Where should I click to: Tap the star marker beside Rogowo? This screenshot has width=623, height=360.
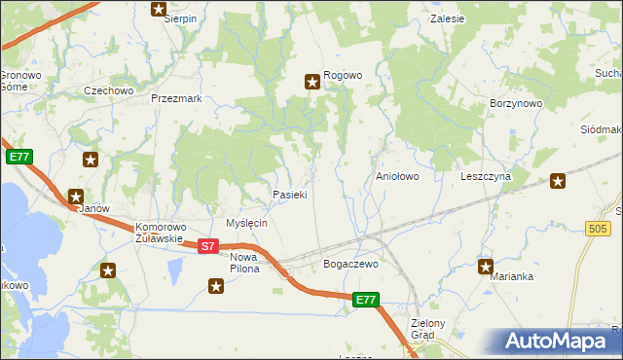313,82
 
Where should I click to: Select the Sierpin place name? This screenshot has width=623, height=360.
180,18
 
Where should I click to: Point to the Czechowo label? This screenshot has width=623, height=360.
108,90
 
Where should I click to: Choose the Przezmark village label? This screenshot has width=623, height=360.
176,98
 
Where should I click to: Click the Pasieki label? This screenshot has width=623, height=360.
290,195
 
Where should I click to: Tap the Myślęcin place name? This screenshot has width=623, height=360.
246,223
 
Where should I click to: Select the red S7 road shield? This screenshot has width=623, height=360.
207,246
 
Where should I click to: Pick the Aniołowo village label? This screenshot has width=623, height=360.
397,177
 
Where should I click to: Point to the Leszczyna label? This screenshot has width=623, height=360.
486,177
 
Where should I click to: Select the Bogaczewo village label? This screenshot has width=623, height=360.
349,264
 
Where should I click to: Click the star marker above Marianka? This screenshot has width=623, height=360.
486,265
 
